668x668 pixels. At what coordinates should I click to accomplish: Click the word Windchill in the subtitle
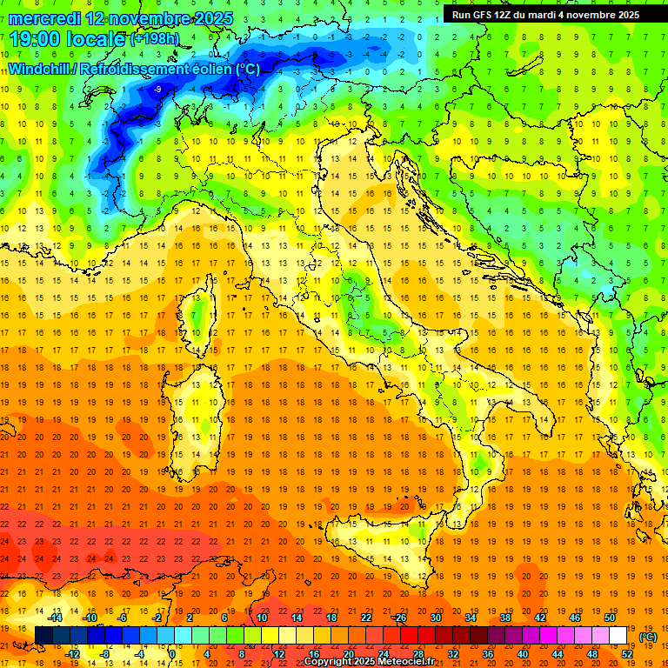point(40,69)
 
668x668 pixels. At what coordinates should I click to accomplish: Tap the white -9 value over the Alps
point(157,89)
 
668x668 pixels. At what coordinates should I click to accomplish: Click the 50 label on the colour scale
point(609,618)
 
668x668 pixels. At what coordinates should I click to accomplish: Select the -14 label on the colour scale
point(57,618)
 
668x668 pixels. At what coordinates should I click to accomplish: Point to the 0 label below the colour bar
point(173,653)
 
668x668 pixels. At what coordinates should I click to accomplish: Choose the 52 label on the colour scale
point(626,653)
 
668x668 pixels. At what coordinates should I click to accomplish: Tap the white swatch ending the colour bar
point(618,635)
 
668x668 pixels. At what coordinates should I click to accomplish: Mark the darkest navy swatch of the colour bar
point(43,635)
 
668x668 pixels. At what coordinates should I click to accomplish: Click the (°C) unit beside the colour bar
point(648,637)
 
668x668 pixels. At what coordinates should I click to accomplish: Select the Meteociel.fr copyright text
point(374,662)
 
